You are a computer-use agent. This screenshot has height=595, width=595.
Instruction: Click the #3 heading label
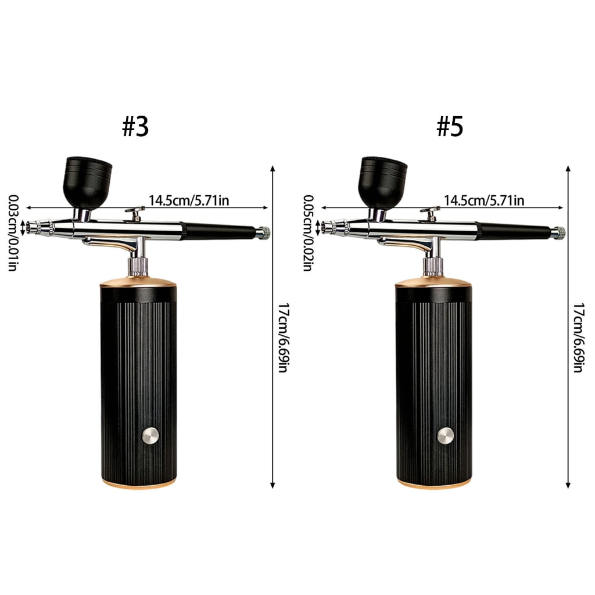[135, 126]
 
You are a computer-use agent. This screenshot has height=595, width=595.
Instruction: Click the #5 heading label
[450, 126]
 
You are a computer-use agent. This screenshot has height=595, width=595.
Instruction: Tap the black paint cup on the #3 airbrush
[88, 182]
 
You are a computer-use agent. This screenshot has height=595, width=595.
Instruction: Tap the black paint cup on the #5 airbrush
[383, 182]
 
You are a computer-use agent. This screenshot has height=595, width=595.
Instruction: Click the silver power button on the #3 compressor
[150, 435]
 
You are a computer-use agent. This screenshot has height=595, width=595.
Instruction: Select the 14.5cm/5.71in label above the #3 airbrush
[189, 200]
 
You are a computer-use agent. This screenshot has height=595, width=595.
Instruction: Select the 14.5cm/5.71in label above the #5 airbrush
[484, 200]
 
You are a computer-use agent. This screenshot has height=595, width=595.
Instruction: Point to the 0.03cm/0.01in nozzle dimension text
[13, 233]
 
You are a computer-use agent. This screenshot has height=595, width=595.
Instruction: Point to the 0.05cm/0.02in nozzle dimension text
[308, 233]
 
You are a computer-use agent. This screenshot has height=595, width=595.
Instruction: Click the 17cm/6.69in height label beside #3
[284, 338]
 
